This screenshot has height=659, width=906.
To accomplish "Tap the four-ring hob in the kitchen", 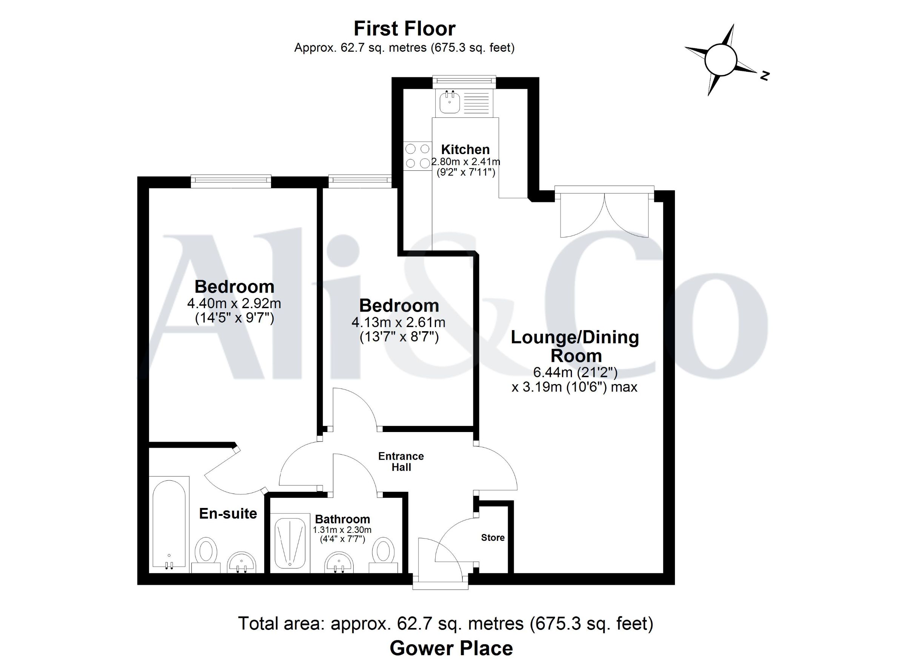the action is (418, 156).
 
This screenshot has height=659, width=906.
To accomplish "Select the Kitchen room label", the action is (465, 150).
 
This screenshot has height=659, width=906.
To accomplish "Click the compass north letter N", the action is (764, 76).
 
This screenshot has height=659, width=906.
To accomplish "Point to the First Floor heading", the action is (405, 29).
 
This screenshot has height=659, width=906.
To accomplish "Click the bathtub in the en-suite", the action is (169, 523).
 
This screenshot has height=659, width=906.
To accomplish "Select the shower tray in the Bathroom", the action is (290, 543).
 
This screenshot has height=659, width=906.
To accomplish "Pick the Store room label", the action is (493, 538).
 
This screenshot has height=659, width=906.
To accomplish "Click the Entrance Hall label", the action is (401, 461).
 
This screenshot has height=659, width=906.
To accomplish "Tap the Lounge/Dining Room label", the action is (575, 346).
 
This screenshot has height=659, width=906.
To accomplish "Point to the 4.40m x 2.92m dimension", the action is (234, 303).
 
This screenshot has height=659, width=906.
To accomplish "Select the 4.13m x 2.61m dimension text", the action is (398, 322).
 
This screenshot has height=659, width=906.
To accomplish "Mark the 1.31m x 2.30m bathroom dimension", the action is (342, 530).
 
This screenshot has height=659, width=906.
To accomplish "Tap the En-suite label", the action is (228, 514).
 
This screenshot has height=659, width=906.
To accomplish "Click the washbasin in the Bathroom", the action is (339, 562).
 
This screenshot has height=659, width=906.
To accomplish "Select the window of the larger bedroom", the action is (231, 181).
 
